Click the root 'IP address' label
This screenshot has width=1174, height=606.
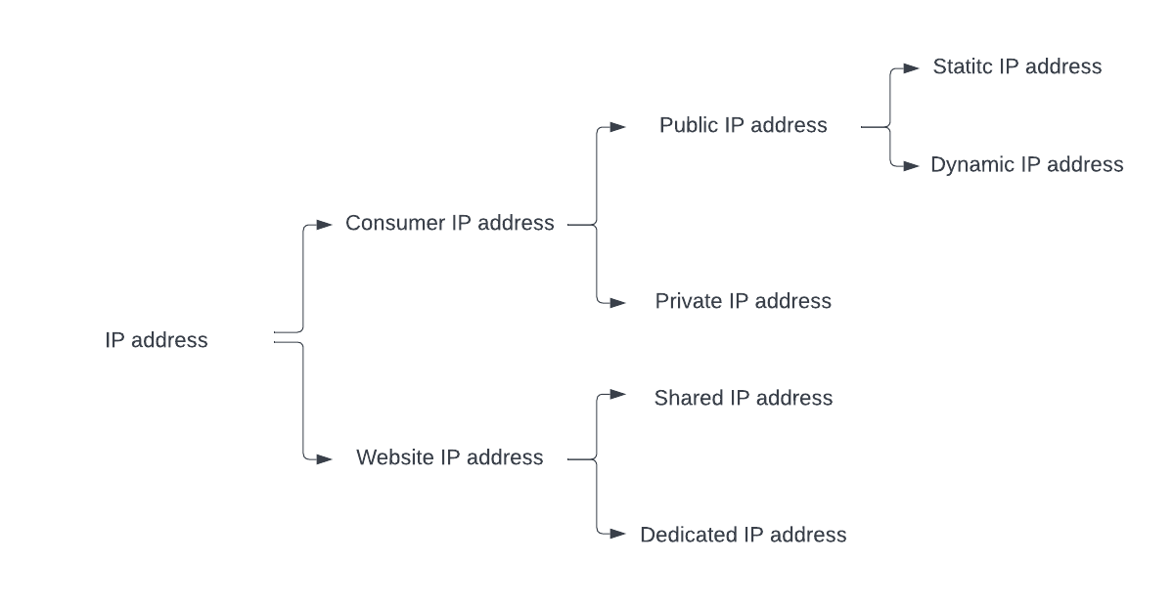coord(157,340)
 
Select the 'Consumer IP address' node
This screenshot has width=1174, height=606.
coord(450,223)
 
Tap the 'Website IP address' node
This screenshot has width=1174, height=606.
coord(450,457)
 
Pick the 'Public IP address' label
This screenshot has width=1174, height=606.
coord(744,125)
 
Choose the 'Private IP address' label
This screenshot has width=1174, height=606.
coord(744,301)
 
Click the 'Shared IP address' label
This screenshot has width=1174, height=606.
coord(744,398)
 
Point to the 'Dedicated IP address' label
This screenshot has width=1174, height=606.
coord(744,535)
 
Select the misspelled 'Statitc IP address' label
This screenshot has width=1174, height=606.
coord(1017,66)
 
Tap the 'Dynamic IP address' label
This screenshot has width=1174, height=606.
coord(1027,164)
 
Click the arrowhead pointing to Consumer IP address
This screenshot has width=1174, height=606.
coord(325,225)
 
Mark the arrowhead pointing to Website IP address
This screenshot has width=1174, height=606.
coord(325,458)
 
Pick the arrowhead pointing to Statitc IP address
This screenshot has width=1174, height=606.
coord(912,68)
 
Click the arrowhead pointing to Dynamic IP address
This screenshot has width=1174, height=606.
coord(912,166)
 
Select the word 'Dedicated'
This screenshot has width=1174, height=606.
coord(689,535)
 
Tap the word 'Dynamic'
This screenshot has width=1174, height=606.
coord(972,164)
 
